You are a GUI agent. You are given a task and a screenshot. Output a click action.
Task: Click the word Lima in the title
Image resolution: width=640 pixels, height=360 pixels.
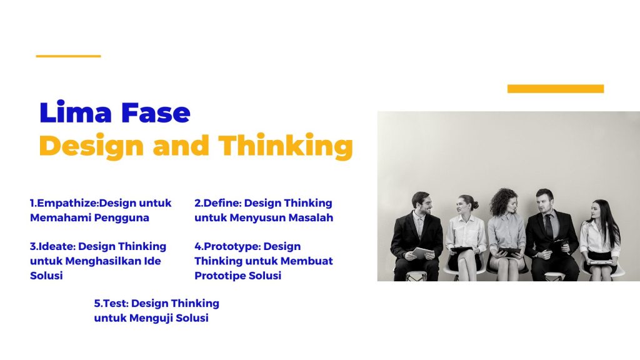tap(76, 112)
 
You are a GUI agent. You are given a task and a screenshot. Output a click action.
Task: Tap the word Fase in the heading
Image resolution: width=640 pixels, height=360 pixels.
tap(156, 112)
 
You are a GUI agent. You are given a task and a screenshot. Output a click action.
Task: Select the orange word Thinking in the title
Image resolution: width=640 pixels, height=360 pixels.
tap(286, 146)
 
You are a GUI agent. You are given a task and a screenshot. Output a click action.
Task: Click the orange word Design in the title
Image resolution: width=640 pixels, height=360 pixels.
tap(91, 146)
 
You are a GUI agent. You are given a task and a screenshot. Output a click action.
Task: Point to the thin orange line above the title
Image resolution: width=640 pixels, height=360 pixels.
tap(69, 56)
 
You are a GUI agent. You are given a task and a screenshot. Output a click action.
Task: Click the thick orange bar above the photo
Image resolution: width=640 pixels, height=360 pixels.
tap(556, 89)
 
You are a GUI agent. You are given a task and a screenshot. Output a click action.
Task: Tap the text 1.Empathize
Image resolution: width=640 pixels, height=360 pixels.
tap(64, 203)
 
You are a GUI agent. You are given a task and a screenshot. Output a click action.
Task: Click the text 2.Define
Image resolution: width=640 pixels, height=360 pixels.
tap(217, 203)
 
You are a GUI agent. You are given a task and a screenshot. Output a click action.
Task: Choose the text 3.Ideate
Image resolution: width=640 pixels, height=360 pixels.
tap(52, 246)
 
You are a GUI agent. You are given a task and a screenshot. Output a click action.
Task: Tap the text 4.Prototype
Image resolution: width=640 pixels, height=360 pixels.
tap(227, 246)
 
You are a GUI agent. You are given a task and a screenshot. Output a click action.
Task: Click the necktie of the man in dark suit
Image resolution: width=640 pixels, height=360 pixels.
tap(550, 227)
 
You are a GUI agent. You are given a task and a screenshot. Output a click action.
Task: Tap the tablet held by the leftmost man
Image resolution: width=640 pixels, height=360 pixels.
tap(422, 252)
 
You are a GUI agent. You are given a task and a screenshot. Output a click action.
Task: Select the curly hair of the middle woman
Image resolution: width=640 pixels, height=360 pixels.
tap(503, 201)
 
